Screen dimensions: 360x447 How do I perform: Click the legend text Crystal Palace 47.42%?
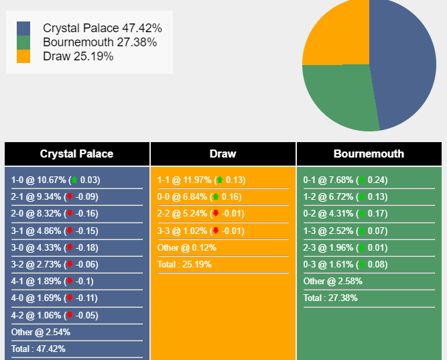[x=102, y=28]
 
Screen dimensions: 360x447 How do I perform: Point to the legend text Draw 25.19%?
[x=78, y=56]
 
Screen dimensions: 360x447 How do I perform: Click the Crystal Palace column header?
[x=76, y=154]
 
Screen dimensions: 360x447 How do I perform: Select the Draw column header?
[x=222, y=154]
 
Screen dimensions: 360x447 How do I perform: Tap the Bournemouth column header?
[x=369, y=154]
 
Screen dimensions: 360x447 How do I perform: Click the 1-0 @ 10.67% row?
[x=56, y=180]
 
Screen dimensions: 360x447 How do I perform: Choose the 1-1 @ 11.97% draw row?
[x=201, y=180]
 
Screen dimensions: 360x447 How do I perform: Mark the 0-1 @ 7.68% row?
[x=345, y=180]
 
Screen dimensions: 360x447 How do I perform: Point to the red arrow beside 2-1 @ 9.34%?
[x=70, y=196]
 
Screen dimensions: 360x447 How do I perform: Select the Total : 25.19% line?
[x=184, y=264]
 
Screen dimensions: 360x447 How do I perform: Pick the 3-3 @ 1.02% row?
[x=201, y=231]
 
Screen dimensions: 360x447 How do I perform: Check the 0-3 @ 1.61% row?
[x=345, y=264]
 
